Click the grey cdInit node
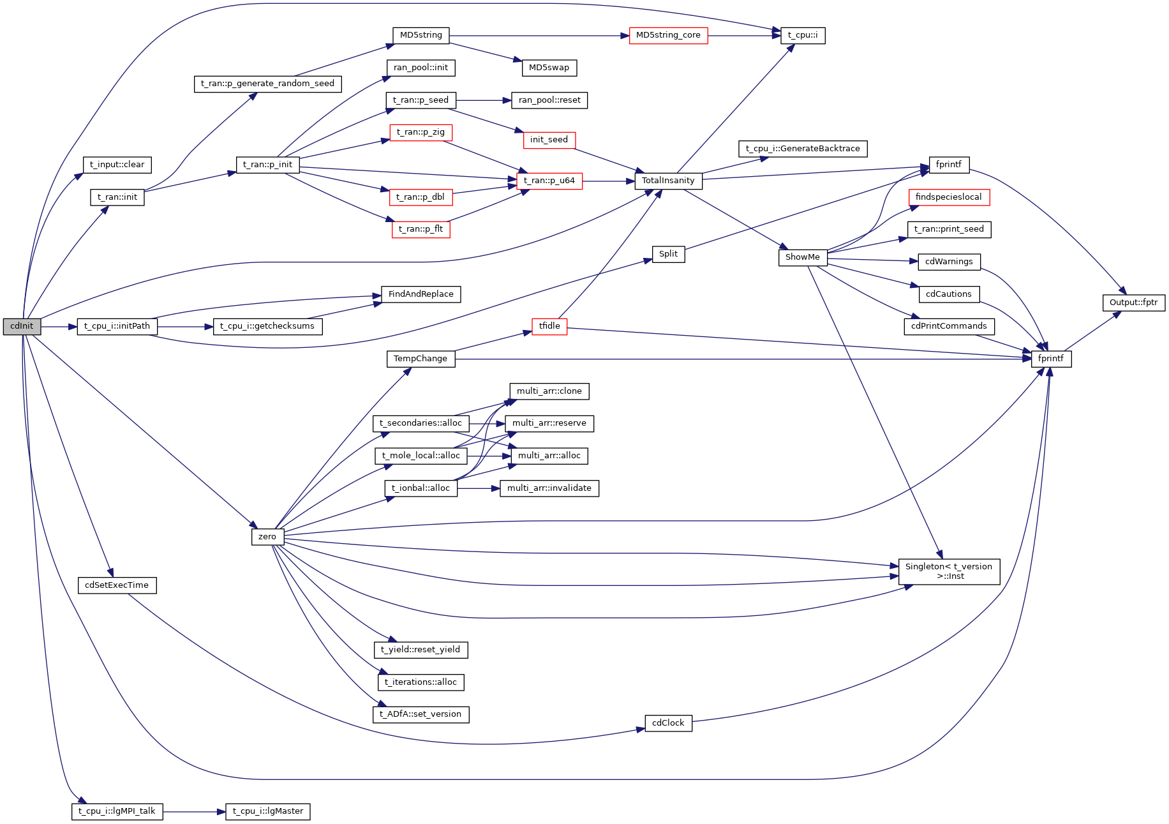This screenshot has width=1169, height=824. click(22, 326)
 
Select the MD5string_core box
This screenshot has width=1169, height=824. click(668, 35)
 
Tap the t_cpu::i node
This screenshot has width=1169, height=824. click(803, 35)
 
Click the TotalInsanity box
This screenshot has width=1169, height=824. click(668, 181)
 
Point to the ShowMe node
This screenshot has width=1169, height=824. click(802, 257)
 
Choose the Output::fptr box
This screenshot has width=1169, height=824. click(1133, 303)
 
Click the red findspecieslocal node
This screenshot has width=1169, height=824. click(948, 197)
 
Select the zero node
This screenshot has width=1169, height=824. click(267, 537)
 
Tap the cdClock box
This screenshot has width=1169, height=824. click(668, 723)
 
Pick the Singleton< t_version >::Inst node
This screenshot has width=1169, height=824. click(949, 571)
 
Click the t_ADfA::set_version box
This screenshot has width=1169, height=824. click(421, 714)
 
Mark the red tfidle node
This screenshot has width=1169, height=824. click(549, 326)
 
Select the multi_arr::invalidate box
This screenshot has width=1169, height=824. click(549, 488)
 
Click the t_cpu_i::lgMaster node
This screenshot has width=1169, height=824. click(268, 811)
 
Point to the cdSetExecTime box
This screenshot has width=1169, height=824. click(117, 585)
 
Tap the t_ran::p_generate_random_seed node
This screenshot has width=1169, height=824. click(267, 84)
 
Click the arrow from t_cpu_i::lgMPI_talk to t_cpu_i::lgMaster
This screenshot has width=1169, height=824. click(194, 812)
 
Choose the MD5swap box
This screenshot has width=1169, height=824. click(549, 68)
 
